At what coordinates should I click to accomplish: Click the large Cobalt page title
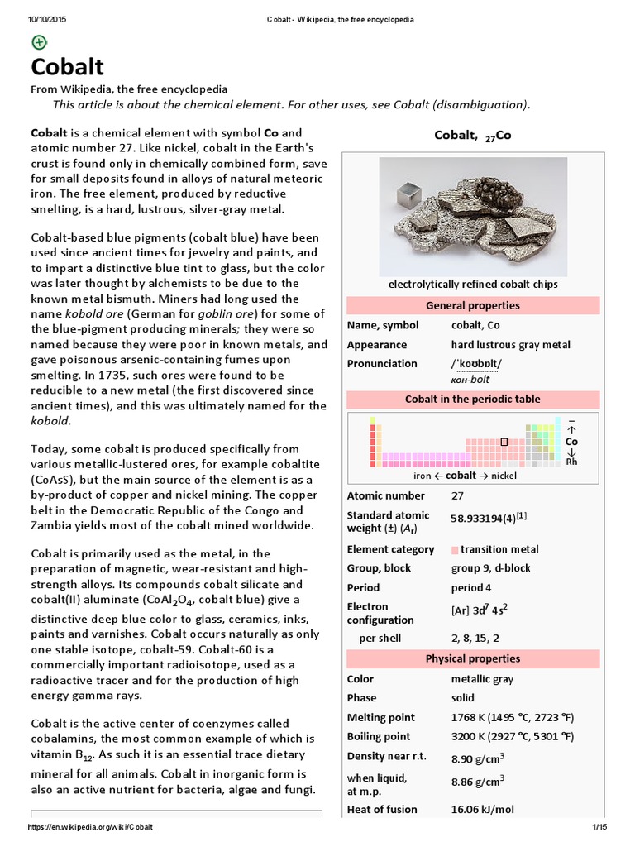coord(68,67)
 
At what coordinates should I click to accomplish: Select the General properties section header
coord(472,305)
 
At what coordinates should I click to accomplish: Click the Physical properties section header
coord(472,658)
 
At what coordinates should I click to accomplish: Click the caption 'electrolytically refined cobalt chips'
coord(472,285)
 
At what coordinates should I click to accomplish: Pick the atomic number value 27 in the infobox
coord(458,495)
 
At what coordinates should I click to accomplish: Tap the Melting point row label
coord(381,717)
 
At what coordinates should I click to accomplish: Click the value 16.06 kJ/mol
coord(482,809)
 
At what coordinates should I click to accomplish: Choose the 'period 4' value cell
coord(471,587)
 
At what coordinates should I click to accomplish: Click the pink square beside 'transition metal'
coord(455,549)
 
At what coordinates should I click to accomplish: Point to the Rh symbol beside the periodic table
coord(571,462)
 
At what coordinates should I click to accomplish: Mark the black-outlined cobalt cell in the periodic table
coord(504,442)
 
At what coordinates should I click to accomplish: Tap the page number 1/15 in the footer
coord(599,827)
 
